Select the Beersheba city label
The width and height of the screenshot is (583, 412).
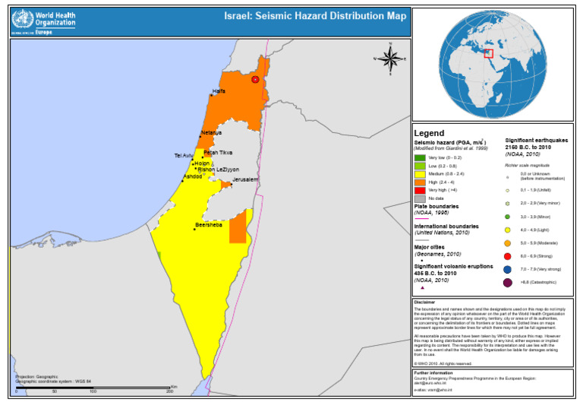[209, 225]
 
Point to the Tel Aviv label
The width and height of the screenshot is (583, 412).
[184, 156]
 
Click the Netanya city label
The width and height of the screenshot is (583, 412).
[211, 133]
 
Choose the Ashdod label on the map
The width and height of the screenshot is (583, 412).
[193, 176]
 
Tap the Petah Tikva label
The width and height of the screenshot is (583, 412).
[218, 153]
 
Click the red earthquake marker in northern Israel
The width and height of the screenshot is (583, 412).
[255, 79]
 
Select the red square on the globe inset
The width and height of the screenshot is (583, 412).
[489, 53]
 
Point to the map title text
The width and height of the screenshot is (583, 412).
[314, 16]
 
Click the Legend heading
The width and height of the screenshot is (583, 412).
[429, 133]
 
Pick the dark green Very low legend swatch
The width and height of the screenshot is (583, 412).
[420, 157]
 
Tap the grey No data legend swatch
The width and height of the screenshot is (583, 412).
[420, 198]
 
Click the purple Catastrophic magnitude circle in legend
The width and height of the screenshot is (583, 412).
[507, 284]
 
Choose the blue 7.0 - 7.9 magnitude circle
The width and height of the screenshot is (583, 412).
[507, 270]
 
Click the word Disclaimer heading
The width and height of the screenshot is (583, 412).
[425, 302]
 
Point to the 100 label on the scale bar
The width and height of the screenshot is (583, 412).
[93, 392]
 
